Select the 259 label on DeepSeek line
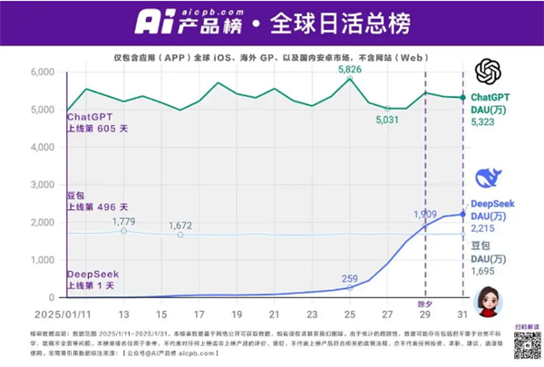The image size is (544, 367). coord(349,278)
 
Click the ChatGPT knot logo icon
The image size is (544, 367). coord(489,71)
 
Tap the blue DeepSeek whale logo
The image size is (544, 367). coord(489,178)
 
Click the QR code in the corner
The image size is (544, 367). coord(527,345)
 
